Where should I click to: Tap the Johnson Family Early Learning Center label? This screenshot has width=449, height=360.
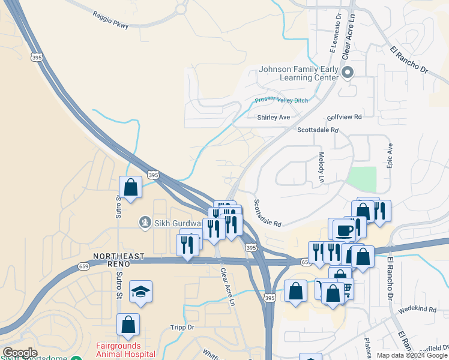click(298, 73)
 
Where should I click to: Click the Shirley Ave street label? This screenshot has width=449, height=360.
click(273, 118)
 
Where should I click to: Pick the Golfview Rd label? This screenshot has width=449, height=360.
click(345, 117)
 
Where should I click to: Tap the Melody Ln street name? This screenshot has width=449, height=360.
click(321, 167)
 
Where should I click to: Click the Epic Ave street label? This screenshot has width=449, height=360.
click(390, 155)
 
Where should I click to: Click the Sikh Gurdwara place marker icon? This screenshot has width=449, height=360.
click(145, 223)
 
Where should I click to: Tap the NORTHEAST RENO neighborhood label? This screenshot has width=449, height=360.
click(119, 260)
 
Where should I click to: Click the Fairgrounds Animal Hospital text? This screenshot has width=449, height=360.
click(125, 350)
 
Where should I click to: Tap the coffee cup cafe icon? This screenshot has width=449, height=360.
click(345, 230)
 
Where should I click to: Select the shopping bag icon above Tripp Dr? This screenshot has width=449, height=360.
click(128, 325)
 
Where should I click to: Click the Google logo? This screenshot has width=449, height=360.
click(20, 353)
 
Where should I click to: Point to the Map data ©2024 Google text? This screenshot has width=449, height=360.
click(412, 355)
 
